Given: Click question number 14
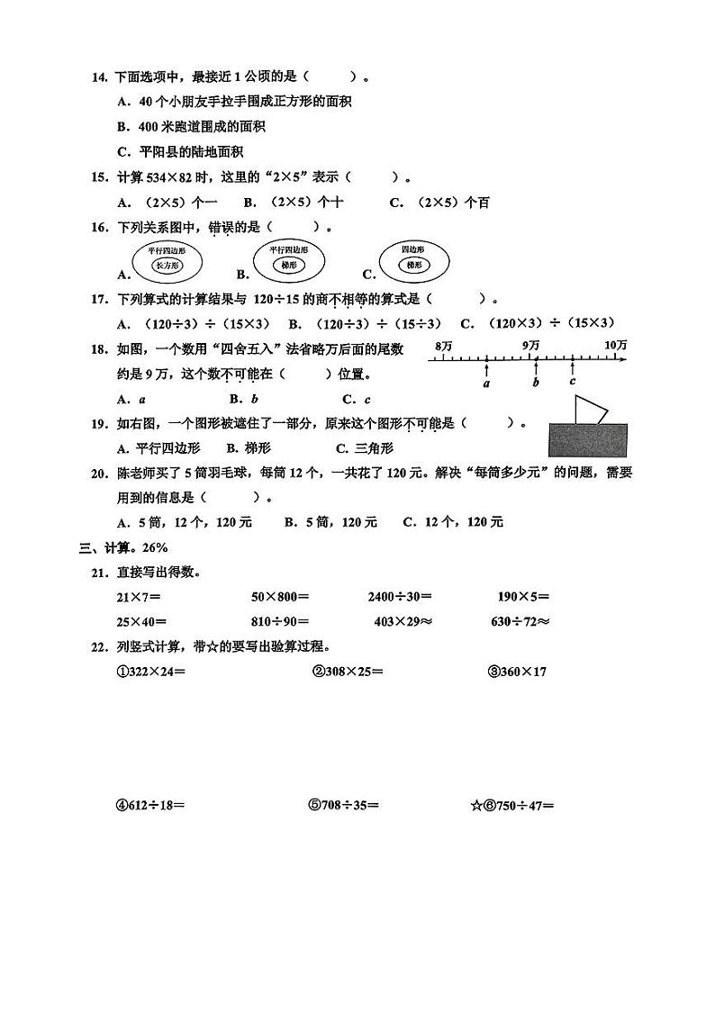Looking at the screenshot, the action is (x=100, y=77).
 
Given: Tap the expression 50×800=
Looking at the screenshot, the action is (x=280, y=596).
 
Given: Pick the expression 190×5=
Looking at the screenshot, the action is (x=523, y=596).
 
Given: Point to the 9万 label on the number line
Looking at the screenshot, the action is (x=530, y=346).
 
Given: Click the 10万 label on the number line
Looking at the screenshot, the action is (x=616, y=346).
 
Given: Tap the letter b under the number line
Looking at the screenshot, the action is (x=536, y=383).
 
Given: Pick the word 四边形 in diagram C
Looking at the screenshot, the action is (x=412, y=248).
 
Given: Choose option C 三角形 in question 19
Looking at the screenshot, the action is (x=365, y=447).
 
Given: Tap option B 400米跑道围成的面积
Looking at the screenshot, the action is (x=191, y=127).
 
